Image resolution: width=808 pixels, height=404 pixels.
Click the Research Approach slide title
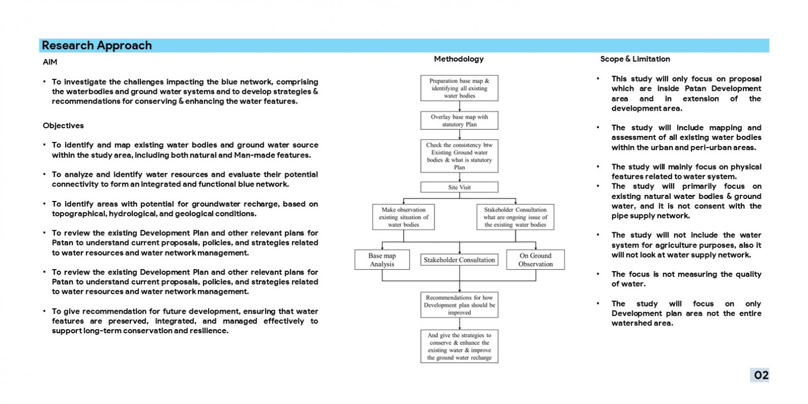pyautogui.click(x=96, y=45)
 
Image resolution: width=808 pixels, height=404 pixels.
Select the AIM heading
pyautogui.click(x=50, y=62)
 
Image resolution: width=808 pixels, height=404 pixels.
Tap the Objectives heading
pyautogui.click(x=63, y=126)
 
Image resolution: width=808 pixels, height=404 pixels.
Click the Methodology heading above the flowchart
pyautogui.click(x=459, y=59)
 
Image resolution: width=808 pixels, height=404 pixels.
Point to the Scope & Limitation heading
pyautogui.click(x=635, y=59)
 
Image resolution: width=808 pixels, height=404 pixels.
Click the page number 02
pyautogui.click(x=761, y=375)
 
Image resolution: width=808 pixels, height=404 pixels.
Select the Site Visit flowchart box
pyautogui.click(x=459, y=187)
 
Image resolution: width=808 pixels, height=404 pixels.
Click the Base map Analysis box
pyautogui.click(x=382, y=260)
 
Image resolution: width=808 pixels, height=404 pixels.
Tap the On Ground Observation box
pyautogui.click(x=535, y=260)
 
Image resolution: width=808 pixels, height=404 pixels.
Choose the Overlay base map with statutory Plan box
pyautogui.click(x=459, y=121)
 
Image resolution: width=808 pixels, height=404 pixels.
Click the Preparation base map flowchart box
pyautogui.click(x=459, y=88)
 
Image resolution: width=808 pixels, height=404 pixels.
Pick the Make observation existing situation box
pyautogui.click(x=403, y=217)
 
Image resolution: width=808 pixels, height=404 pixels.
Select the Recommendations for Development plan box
pyautogui.click(x=459, y=305)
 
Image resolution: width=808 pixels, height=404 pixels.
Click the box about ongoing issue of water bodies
pyautogui.click(x=515, y=217)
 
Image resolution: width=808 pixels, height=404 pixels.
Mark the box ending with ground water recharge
pyautogui.click(x=459, y=346)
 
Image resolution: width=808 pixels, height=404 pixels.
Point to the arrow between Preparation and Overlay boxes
pyautogui.click(x=460, y=106)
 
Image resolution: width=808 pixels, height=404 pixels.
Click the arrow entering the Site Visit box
pyautogui.click(x=460, y=177)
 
